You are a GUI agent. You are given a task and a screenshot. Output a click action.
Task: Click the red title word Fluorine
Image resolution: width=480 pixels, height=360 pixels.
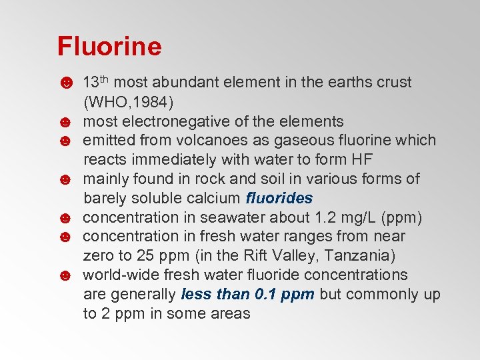(x=109, y=47)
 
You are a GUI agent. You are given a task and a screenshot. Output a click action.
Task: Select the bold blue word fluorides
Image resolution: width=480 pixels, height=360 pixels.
(x=279, y=199)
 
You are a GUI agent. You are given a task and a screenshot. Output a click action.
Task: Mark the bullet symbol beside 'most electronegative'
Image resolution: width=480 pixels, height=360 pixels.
(x=65, y=122)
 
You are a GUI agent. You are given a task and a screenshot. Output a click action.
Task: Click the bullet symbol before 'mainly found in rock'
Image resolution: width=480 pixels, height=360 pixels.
(x=65, y=179)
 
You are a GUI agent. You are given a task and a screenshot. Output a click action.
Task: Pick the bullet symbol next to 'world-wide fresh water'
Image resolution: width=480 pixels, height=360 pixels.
(x=65, y=275)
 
